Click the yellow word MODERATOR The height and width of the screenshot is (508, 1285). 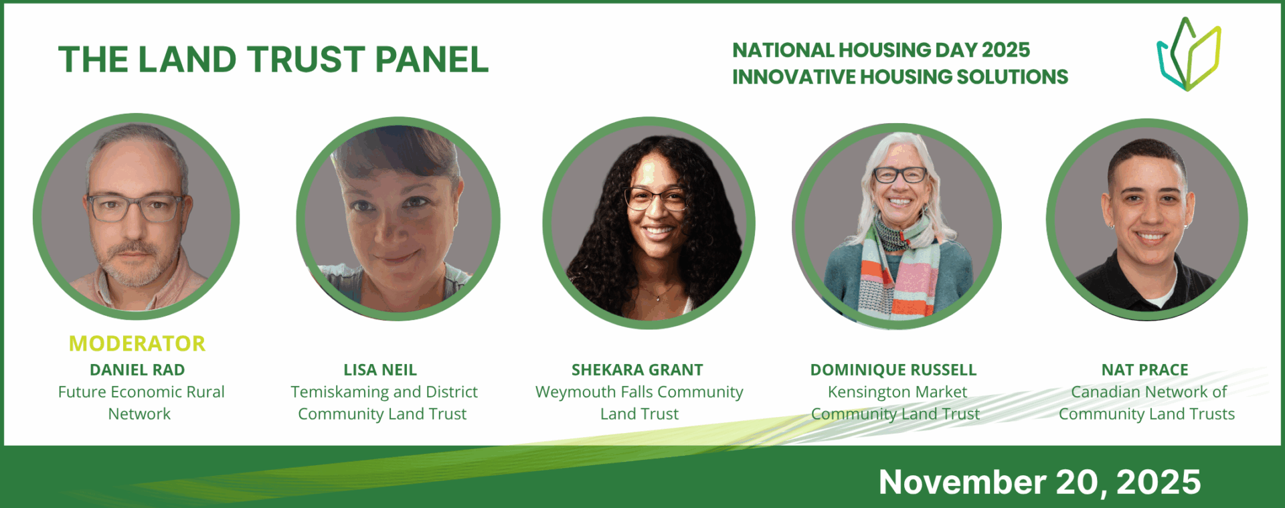[x=137, y=343]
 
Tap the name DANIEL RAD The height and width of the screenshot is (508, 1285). [x=137, y=369]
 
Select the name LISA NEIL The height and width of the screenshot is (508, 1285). [x=380, y=369]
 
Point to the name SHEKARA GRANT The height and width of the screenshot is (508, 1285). [x=637, y=369]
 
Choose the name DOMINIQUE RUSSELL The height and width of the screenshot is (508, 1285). [x=893, y=369]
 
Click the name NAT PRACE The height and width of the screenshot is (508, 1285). [x=1145, y=369]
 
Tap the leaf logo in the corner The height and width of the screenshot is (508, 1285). [x=1189, y=54]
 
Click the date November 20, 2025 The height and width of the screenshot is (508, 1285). [x=1039, y=482]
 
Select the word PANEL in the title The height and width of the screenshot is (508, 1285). [x=432, y=60]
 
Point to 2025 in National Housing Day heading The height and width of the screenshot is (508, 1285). [x=1006, y=50]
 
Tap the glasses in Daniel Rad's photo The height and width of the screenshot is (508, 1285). [x=137, y=207]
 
